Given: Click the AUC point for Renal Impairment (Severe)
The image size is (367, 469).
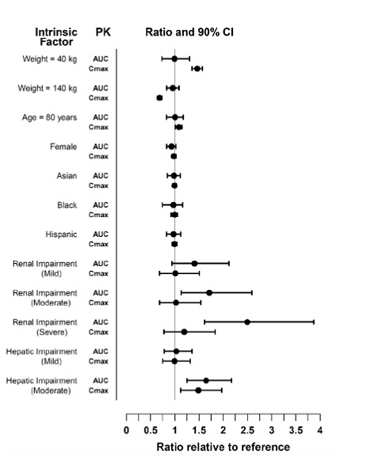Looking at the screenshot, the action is tap(247, 322).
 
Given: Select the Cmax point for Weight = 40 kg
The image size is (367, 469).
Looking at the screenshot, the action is tap(197, 69).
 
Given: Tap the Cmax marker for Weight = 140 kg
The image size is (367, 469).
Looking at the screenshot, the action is tap(159, 97).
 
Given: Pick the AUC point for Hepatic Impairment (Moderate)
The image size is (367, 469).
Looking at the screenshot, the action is tap(206, 380).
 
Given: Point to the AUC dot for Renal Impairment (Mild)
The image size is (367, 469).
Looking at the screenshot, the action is tap(194, 264).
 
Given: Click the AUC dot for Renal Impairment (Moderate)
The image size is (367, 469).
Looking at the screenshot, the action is tap(209, 293).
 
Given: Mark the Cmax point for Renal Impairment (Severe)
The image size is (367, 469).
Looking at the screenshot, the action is tap(184, 332).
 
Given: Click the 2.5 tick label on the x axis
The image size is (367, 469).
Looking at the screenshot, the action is tap(247, 430).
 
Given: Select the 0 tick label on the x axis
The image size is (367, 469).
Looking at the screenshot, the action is tap(126, 430).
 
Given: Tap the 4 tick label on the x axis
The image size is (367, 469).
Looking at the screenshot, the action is tap(320, 430).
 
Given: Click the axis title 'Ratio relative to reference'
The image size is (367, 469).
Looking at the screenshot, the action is tap(224, 447).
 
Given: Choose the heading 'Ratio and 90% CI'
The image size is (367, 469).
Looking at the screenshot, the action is tap(189, 32).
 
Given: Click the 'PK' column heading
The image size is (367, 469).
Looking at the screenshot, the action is tap(103, 32).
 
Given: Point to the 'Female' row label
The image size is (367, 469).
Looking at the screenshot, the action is tap(63, 147).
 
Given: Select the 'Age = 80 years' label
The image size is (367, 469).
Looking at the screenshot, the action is tap(49, 117).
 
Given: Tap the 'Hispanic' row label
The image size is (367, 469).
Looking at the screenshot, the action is tap(61, 234).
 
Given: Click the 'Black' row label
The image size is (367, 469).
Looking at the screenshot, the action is tap(67, 205).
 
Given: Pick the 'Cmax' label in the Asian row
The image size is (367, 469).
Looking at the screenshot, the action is tap(98, 185).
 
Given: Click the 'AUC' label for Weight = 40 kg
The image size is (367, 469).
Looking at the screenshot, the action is tap(101, 59).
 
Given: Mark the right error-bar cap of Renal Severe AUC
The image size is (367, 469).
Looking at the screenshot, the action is tap(314, 322).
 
